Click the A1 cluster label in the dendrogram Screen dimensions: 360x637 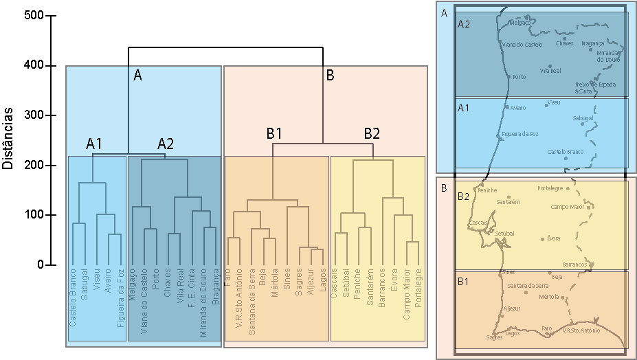click(94, 144)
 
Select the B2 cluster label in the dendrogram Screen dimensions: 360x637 click(372, 133)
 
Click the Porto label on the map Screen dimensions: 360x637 click(519, 77)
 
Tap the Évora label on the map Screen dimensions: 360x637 click(553, 238)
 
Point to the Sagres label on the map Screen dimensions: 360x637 click(493, 337)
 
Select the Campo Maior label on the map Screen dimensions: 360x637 click(568, 206)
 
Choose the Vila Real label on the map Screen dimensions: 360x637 click(551, 71)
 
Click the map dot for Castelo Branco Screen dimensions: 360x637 click(566, 159)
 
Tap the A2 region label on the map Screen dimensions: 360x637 click(464, 24)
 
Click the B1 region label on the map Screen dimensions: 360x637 click(464, 281)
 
